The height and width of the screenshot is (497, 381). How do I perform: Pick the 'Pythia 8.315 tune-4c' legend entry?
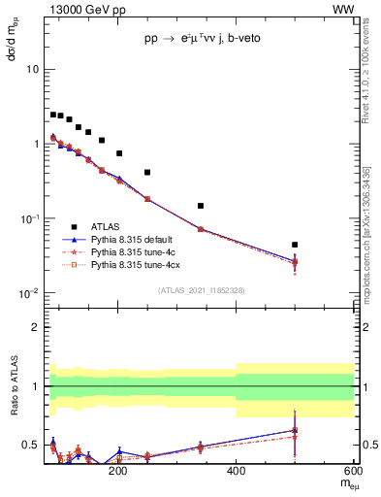(x=136, y=251)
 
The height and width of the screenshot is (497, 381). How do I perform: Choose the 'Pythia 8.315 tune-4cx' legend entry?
(x=139, y=264)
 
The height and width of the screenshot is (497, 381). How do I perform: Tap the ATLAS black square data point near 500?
(x=295, y=245)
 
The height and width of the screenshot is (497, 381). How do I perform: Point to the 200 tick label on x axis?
(x=118, y=472)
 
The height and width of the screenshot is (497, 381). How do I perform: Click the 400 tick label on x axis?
(x=237, y=472)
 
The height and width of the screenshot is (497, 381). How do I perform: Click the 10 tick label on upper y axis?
(x=32, y=70)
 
